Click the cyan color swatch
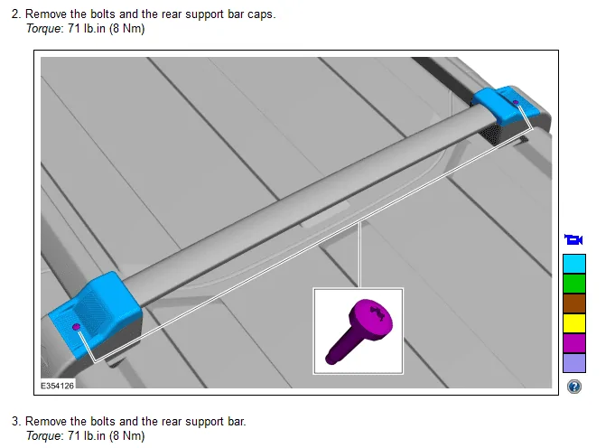574,264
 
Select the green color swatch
574,284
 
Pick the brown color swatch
574,303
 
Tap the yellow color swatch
574,323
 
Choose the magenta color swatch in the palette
574,343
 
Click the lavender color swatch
574,363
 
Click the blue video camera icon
573,239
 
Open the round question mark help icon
574,387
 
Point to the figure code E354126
57,386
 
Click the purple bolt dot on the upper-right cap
516,102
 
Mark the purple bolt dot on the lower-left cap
77,327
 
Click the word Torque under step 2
43,29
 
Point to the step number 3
15,421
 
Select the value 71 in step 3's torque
74,436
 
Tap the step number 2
15,14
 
